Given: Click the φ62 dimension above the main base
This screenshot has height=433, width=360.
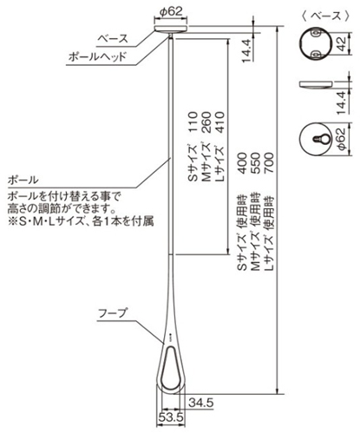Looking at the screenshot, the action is (x=172, y=11).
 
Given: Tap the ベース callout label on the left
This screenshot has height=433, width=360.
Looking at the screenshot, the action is (x=113, y=38).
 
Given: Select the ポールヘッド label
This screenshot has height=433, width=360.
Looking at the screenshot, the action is (x=97, y=56).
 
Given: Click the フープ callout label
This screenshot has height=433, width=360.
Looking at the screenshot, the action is (x=113, y=313).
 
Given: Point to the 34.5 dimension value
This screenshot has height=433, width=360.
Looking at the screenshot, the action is (x=201, y=403).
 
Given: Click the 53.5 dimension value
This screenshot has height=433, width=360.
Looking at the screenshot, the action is (x=171, y=417).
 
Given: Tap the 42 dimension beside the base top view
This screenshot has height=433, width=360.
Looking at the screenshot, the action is (x=342, y=44).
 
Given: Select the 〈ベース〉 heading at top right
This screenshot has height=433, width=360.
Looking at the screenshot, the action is (x=325, y=16).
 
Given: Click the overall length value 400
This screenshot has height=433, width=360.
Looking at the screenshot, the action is (x=242, y=163).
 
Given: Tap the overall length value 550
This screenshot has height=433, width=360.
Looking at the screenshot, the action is (x=256, y=163).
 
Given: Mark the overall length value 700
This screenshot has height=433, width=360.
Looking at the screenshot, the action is (x=269, y=163).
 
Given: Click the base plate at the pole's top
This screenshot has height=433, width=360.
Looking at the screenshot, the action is (x=172, y=29).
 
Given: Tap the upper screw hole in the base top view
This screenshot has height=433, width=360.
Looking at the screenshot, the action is (x=316, y=34).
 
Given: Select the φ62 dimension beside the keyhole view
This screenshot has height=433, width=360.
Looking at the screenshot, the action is (x=342, y=139).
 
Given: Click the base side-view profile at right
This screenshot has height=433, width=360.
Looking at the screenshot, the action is (x=316, y=84).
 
